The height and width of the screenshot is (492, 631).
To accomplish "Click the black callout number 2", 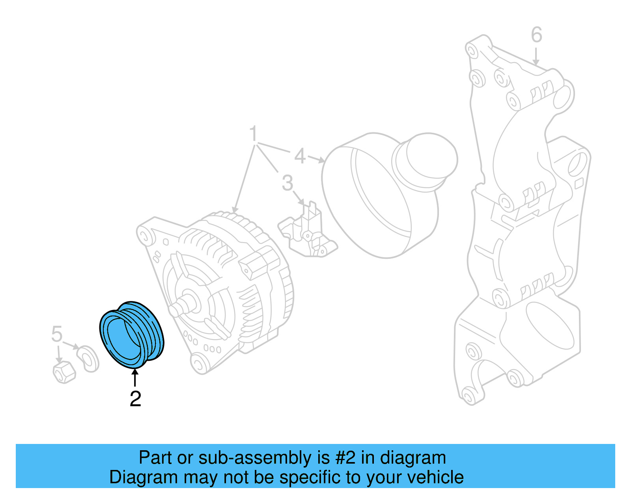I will (135, 399).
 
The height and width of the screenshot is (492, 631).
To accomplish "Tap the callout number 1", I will (254, 134).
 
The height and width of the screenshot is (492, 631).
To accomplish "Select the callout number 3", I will (287, 183).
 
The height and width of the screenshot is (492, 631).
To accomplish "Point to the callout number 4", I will (300, 156).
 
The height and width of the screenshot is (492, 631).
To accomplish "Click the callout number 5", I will (57, 334).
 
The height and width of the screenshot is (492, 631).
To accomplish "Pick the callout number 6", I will (536, 35).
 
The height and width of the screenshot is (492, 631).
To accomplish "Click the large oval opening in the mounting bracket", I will (550, 325).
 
